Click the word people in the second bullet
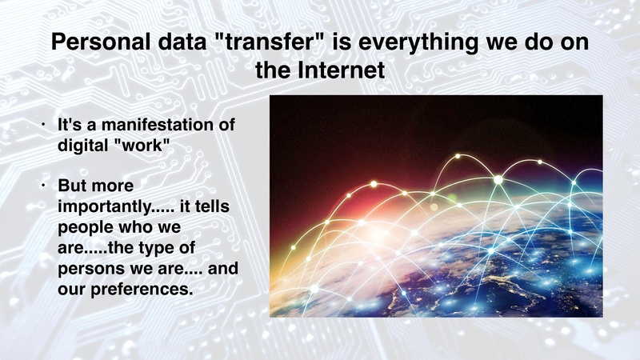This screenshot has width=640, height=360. (x=84, y=227)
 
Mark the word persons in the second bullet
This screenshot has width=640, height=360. (x=90, y=268)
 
